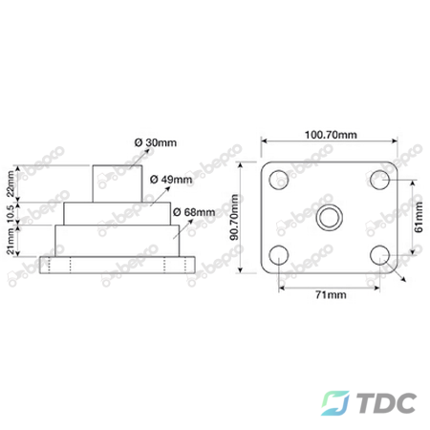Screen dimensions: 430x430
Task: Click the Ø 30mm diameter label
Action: pyautogui.click(x=156, y=142)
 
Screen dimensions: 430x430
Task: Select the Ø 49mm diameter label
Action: pyautogui.click(x=171, y=180)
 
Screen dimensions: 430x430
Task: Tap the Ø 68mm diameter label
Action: pyautogui.click(x=194, y=212)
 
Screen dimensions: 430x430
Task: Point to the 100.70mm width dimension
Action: pyautogui.click(x=331, y=135)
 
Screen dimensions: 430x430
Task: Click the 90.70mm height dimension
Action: pyautogui.click(x=234, y=217)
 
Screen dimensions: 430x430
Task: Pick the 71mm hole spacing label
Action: pyautogui.click(x=331, y=294)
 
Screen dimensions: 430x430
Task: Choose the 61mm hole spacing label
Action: pyautogui.click(x=419, y=217)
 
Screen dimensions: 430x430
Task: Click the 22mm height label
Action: pyautogui.click(x=11, y=183)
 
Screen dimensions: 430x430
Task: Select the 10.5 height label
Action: pyautogui.click(x=11, y=213)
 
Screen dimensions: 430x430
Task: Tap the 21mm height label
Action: pyautogui.click(x=11, y=241)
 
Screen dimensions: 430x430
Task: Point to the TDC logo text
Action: pyautogui.click(x=386, y=403)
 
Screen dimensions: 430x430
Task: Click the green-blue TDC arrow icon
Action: pyautogui.click(x=334, y=403)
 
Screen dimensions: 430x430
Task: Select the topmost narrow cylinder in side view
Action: pyautogui.click(x=118, y=183)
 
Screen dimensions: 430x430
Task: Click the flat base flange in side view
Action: pyautogui.click(x=118, y=265)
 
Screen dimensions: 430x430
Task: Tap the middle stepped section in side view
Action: pyautogui.click(x=118, y=214)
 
